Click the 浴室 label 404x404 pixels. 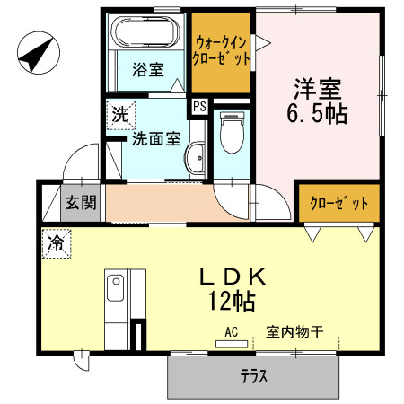coord(147,69)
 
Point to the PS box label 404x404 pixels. coord(200,106)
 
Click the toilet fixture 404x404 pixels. coord(230,134)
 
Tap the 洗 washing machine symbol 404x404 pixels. coord(119,115)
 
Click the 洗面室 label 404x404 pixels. coord(156,139)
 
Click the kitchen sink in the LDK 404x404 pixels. coord(115,289)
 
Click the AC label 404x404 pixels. coord(231,332)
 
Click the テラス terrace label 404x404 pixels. coord(254,377)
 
